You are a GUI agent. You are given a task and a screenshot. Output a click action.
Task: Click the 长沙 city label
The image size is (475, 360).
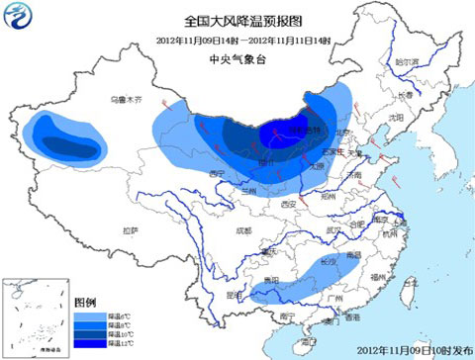tap(326, 262)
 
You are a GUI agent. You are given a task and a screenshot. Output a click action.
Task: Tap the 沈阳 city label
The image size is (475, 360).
tap(396, 116)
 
